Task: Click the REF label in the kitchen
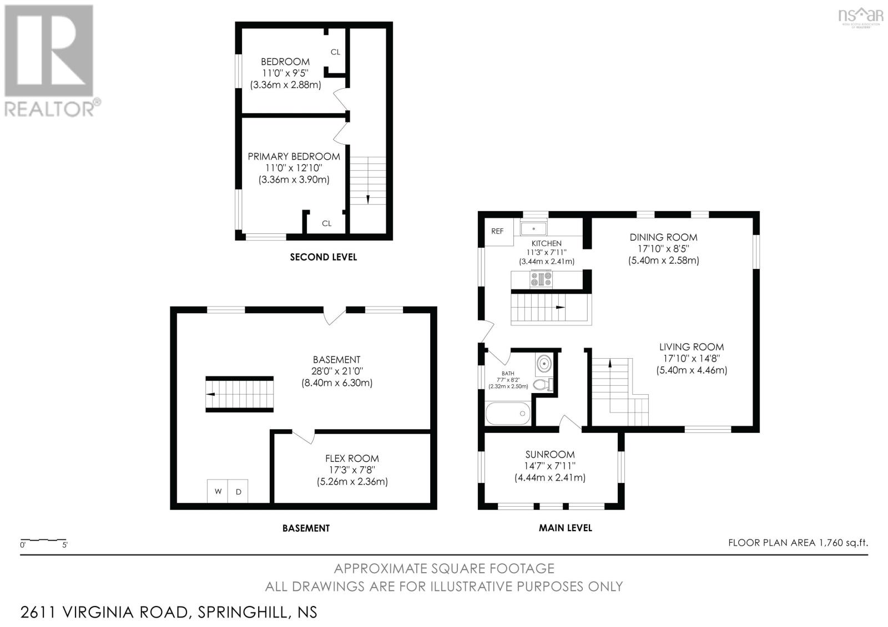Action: (497, 231)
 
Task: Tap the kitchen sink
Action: (533, 229)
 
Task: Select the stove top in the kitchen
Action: (541, 278)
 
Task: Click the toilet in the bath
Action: (543, 384)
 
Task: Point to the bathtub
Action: (508, 414)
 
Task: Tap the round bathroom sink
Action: (544, 363)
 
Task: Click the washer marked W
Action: (218, 492)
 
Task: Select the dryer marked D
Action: (238, 492)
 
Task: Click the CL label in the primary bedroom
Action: (327, 223)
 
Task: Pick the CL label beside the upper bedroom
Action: (335, 52)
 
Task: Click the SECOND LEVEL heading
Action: (324, 257)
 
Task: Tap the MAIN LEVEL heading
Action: (566, 528)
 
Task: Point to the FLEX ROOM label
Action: (352, 458)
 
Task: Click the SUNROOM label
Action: (550, 454)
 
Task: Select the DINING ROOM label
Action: (663, 237)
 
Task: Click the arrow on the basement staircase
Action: (211, 394)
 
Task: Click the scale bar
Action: (43, 540)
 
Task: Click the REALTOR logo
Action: (52, 62)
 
